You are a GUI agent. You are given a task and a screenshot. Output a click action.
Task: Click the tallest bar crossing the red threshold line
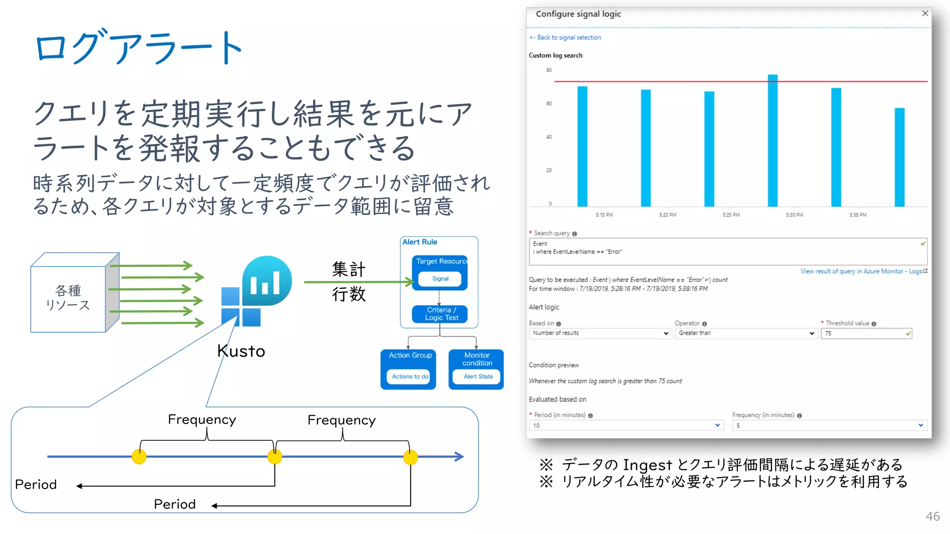[x=772, y=139]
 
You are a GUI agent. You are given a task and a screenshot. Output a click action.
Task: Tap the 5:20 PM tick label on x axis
[x=668, y=215]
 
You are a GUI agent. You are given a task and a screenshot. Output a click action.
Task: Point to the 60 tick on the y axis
[x=549, y=103]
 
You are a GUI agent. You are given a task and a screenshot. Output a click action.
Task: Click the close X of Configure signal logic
[x=925, y=13]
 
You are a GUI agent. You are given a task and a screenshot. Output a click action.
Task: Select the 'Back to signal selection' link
[x=565, y=38]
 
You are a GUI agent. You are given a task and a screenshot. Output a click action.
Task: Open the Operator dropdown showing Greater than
[x=745, y=333]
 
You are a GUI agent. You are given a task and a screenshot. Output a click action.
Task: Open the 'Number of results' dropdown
[x=600, y=333]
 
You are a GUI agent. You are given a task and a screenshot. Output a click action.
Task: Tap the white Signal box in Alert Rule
[x=440, y=279]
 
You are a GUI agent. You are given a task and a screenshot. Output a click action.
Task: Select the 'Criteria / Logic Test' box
[x=440, y=314]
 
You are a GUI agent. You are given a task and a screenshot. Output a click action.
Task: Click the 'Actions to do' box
[x=410, y=376]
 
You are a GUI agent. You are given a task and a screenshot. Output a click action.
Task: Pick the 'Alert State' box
[x=477, y=376]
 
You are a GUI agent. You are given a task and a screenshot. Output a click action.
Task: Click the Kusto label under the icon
[x=241, y=351]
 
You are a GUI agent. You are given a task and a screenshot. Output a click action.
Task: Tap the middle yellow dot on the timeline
[x=275, y=457]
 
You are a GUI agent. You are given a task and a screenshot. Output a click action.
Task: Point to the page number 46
[x=932, y=516]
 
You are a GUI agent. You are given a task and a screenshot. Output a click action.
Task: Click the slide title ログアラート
[x=139, y=47]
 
